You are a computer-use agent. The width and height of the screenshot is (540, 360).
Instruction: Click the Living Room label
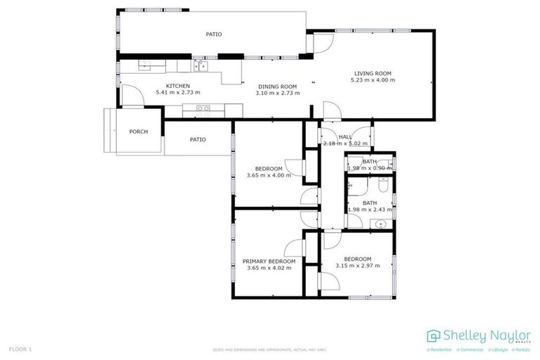(x=372, y=73)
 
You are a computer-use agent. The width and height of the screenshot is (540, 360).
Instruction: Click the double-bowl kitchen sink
(x=201, y=66)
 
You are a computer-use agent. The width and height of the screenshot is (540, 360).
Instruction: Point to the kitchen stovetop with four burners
(x=203, y=109)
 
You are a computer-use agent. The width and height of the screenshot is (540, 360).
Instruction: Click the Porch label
(x=139, y=131)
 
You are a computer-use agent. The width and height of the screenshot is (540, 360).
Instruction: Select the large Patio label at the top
(x=214, y=34)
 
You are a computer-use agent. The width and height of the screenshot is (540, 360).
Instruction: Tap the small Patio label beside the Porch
(x=198, y=139)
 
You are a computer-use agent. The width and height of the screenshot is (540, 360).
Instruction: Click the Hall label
(x=345, y=137)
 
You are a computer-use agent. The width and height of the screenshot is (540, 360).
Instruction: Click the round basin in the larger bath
(x=380, y=224)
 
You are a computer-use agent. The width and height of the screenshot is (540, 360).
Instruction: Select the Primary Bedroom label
(x=269, y=260)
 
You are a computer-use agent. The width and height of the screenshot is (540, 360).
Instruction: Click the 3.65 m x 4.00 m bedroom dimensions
(x=269, y=176)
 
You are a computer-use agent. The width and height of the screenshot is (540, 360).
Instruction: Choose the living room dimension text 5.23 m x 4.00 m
(x=372, y=80)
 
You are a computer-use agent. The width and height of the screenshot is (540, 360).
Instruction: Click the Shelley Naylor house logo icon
(x=434, y=335)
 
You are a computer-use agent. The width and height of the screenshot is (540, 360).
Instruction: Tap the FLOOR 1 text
(x=20, y=349)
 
